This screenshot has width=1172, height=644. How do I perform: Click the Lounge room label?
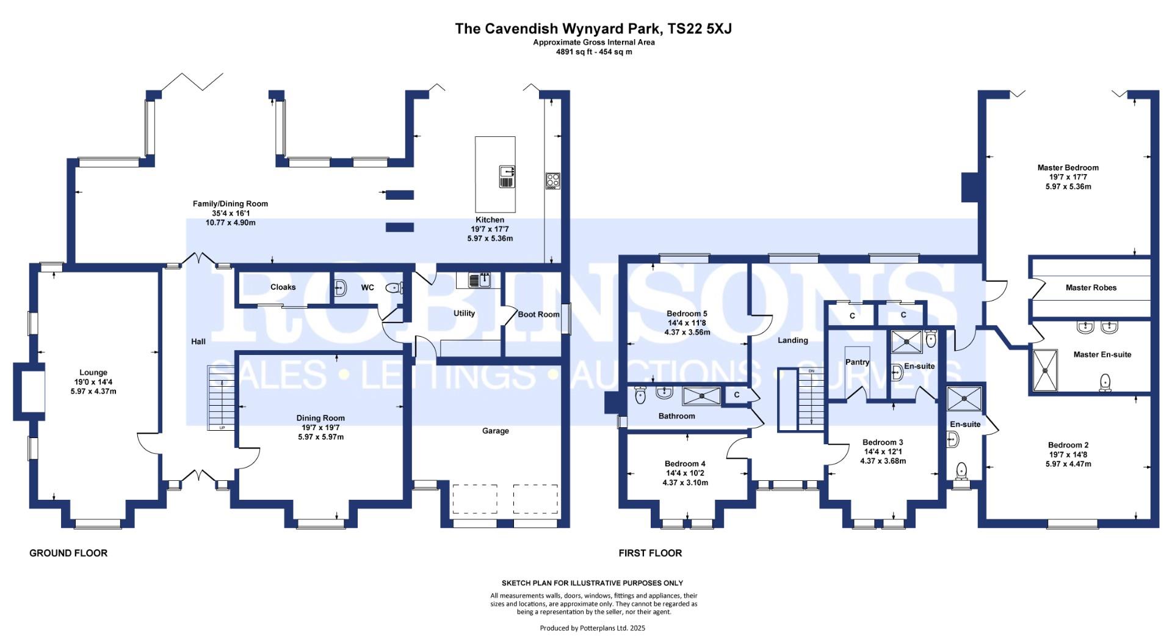click(93, 372)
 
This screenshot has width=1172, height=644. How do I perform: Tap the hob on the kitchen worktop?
click(552, 181)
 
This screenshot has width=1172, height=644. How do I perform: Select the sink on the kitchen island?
click(507, 177)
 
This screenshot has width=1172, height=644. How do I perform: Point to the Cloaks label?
click(283, 287)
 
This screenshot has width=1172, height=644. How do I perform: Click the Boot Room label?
click(538, 314)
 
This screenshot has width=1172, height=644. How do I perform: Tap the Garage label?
click(496, 431)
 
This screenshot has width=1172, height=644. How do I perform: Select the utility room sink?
click(479, 280)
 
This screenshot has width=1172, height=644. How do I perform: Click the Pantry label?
click(857, 362)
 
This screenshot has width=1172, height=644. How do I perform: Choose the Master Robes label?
click(1091, 288)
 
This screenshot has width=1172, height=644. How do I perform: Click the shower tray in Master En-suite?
click(1045, 370)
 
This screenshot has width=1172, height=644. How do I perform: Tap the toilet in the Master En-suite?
click(1105, 382)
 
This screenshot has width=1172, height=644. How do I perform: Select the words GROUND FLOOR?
click(68, 553)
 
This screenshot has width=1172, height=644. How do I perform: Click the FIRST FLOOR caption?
click(650, 553)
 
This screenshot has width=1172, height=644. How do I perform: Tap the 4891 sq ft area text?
click(594, 52)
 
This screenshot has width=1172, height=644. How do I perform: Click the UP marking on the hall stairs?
click(222, 428)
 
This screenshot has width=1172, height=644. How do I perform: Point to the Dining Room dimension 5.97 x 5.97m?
click(321, 437)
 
